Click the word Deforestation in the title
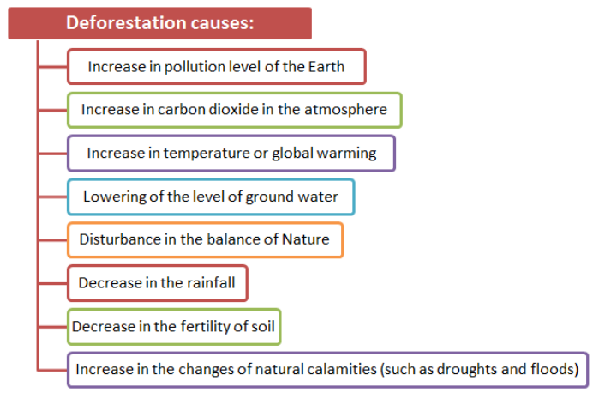pyautogui.click(x=126, y=22)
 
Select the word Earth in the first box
pyautogui.click(x=326, y=67)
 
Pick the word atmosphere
pyautogui.click(x=345, y=110)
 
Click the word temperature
pyautogui.click(x=207, y=154)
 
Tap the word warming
pyautogui.click(x=346, y=154)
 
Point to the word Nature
pyautogui.click(x=306, y=239)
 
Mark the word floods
pyautogui.click(x=554, y=369)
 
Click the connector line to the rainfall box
pyautogui.click(x=53, y=283)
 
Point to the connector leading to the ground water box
pyautogui.click(x=53, y=196)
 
